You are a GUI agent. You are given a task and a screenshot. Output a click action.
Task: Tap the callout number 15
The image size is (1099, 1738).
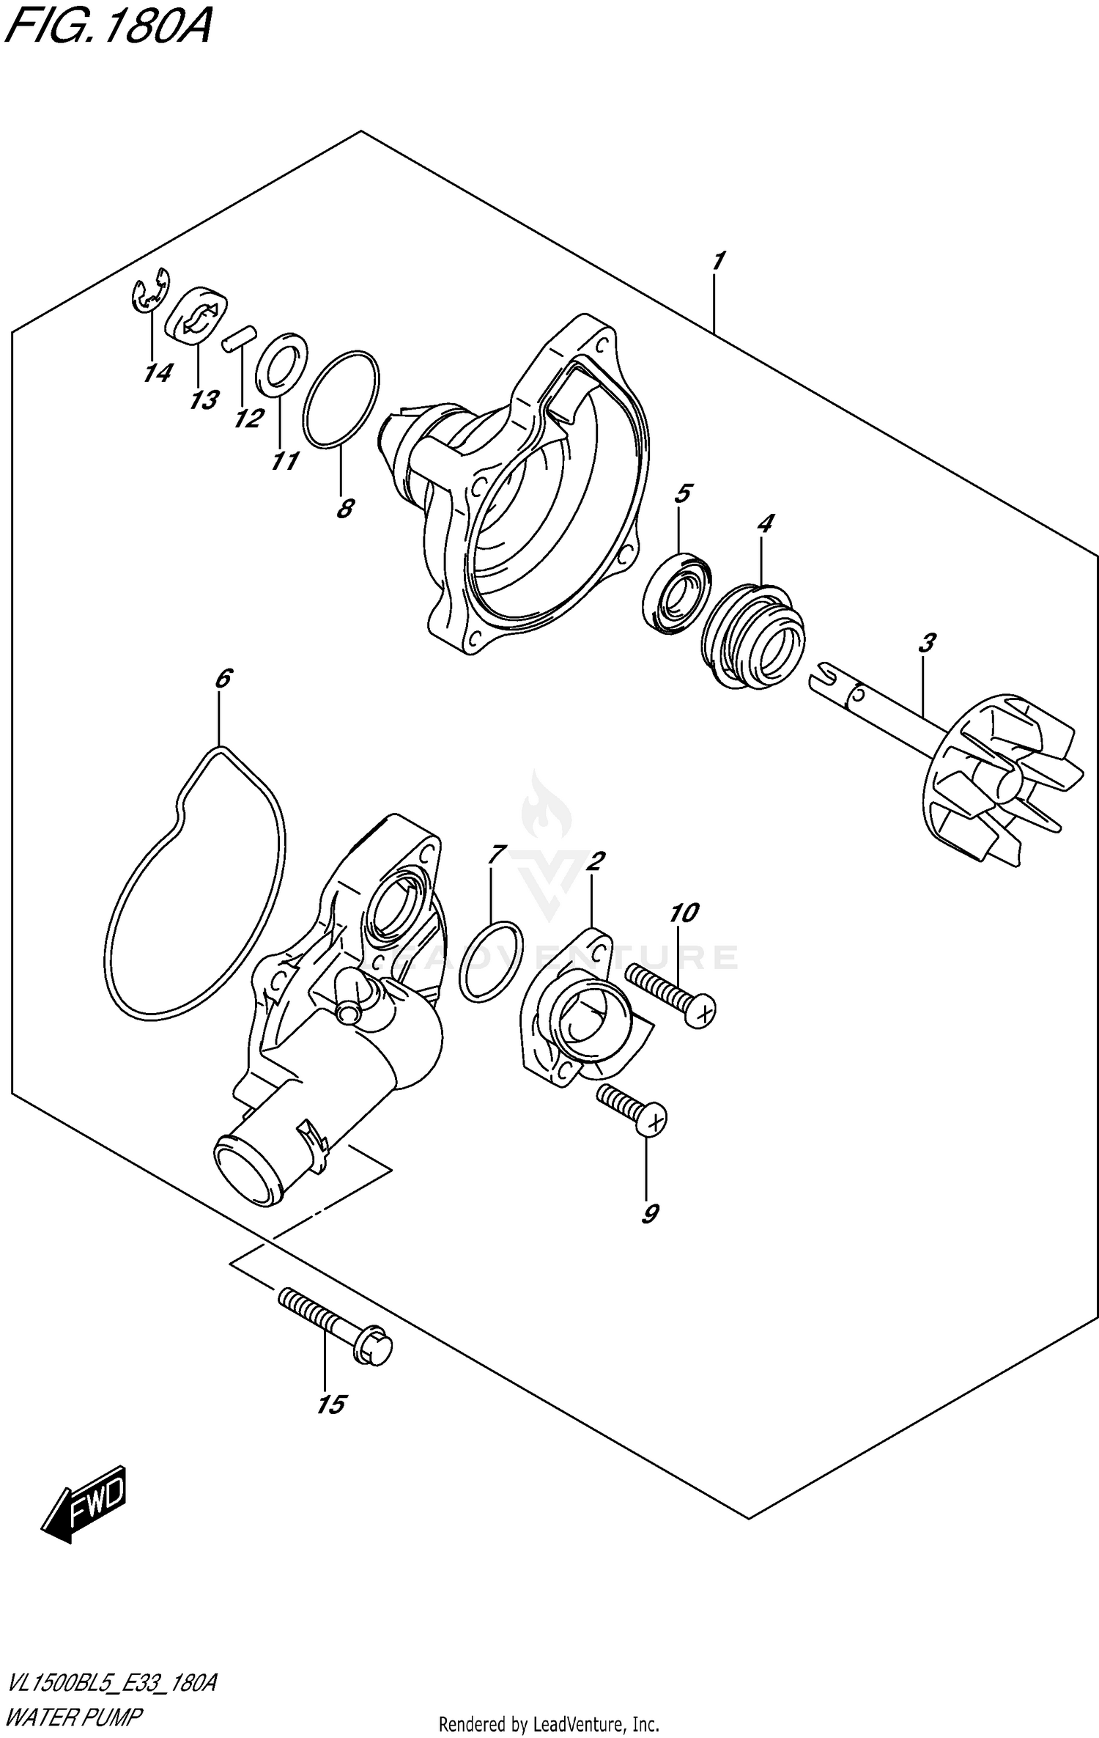tap(330, 1404)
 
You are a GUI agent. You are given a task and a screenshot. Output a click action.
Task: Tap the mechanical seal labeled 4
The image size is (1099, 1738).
tap(752, 634)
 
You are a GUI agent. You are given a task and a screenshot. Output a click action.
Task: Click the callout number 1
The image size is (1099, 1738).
tap(718, 260)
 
